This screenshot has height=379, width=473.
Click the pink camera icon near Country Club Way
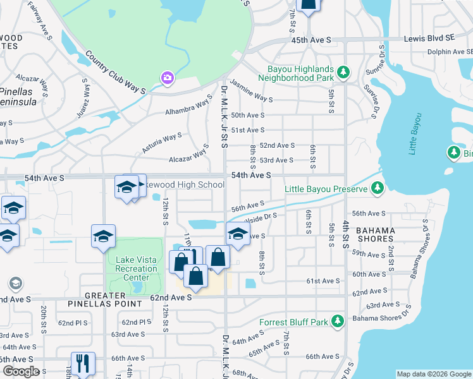(x=167, y=77)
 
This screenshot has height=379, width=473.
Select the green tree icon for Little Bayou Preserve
(x=377, y=188)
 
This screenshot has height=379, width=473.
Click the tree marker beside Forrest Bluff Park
(x=339, y=322)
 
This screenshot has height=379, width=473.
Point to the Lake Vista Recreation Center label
(x=137, y=269)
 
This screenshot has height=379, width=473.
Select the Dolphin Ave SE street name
(x=448, y=52)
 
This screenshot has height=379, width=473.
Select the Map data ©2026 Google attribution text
(x=433, y=374)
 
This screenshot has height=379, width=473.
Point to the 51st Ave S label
(x=247, y=129)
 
